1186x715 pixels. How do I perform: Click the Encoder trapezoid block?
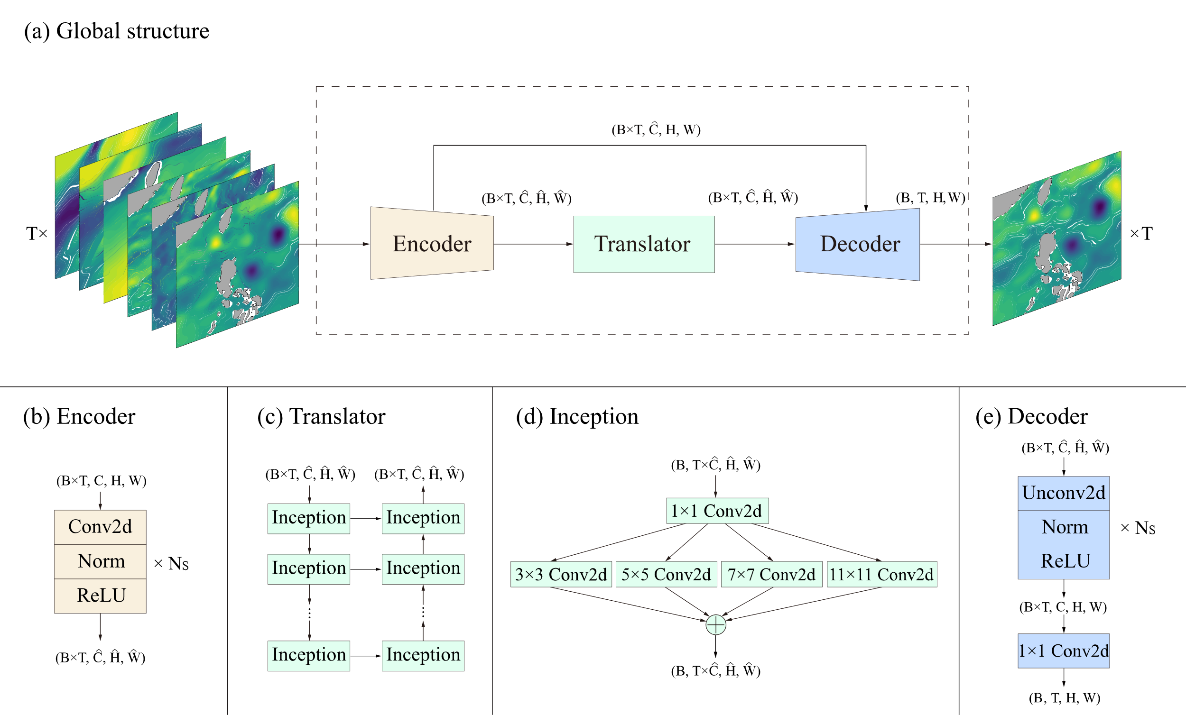(432, 243)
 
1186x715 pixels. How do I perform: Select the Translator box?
(644, 244)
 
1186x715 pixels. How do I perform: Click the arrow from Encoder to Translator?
(533, 244)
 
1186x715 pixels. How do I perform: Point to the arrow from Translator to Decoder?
(755, 244)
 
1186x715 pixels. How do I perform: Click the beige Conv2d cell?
(100, 527)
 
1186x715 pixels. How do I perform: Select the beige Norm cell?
(100, 561)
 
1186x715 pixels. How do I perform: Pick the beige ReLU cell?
(100, 596)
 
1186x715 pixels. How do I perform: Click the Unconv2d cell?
(1064, 493)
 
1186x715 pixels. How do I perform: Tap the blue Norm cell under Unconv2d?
(1064, 527)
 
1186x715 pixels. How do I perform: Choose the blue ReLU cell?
(1064, 561)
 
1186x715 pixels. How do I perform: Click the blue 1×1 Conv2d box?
(1064, 651)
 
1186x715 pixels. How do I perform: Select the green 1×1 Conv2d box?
(717, 511)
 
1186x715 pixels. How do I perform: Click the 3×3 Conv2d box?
(561, 575)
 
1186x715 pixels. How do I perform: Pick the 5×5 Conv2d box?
(666, 575)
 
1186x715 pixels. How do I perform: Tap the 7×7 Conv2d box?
(771, 575)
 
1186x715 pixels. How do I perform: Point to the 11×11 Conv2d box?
(882, 575)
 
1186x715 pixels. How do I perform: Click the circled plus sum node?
(716, 625)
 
